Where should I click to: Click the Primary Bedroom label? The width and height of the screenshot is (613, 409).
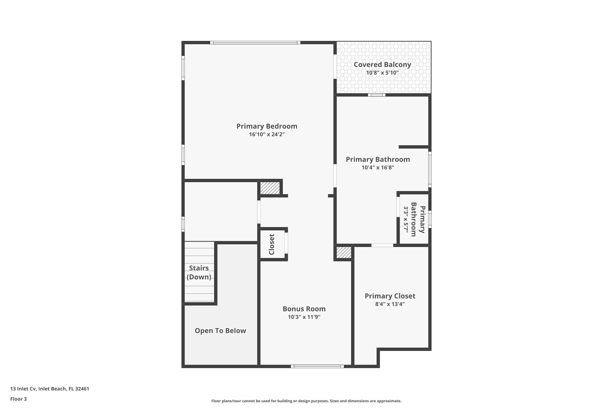point(267,126)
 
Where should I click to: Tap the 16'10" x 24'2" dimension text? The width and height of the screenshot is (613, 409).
point(267,134)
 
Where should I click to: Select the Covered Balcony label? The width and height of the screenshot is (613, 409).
point(382,64)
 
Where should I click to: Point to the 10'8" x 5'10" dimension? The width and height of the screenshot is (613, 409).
point(382,73)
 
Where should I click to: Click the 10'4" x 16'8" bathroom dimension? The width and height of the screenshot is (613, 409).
point(378,167)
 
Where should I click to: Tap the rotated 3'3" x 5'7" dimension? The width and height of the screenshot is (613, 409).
point(406,219)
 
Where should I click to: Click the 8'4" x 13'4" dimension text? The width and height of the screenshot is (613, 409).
point(390,304)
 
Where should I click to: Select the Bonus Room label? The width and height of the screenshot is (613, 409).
point(304,309)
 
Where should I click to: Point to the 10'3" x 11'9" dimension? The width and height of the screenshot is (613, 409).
point(304,317)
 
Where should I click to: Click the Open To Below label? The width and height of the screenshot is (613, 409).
point(220,331)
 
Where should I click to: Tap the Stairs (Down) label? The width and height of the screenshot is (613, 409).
point(199,272)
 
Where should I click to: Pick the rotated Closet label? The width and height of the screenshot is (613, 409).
point(272,244)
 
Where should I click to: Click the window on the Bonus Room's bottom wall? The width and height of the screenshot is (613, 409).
point(317,366)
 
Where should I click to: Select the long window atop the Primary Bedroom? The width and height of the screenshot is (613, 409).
point(255,43)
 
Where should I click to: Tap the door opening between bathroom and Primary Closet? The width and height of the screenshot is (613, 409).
point(382,245)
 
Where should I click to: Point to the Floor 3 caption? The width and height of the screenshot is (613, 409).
point(19,399)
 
